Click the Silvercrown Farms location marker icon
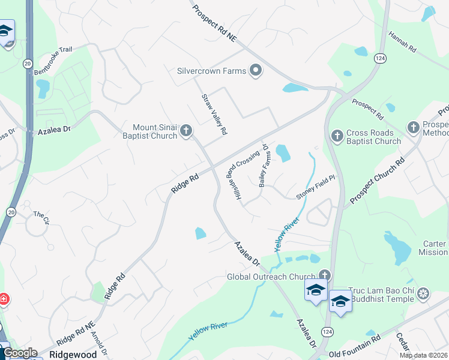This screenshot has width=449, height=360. [x=256, y=71]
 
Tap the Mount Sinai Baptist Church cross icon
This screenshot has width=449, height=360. [x=186, y=130]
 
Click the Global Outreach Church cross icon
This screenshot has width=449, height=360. [x=325, y=275]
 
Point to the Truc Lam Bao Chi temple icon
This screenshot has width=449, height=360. [x=423, y=293]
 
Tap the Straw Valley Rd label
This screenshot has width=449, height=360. [x=214, y=114]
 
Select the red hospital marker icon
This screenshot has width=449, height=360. [x=3, y=299]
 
